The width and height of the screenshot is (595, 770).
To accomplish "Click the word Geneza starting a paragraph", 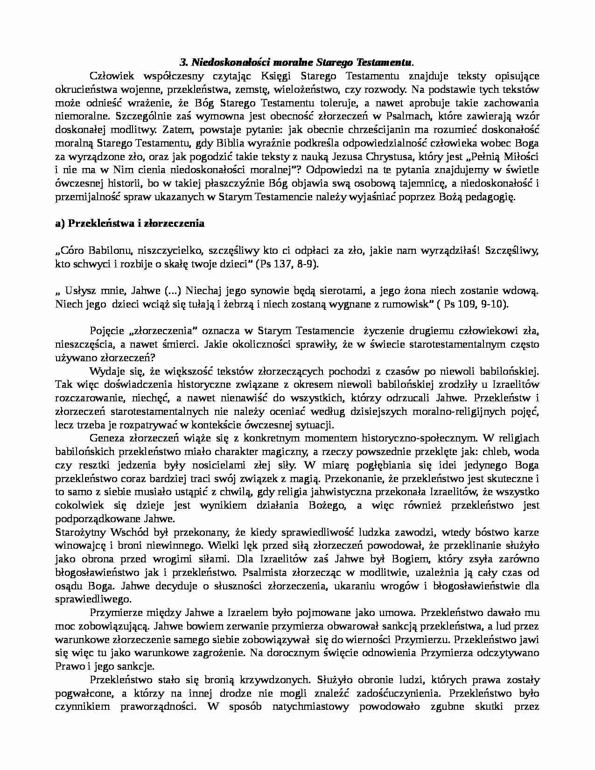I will pos(105,438).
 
